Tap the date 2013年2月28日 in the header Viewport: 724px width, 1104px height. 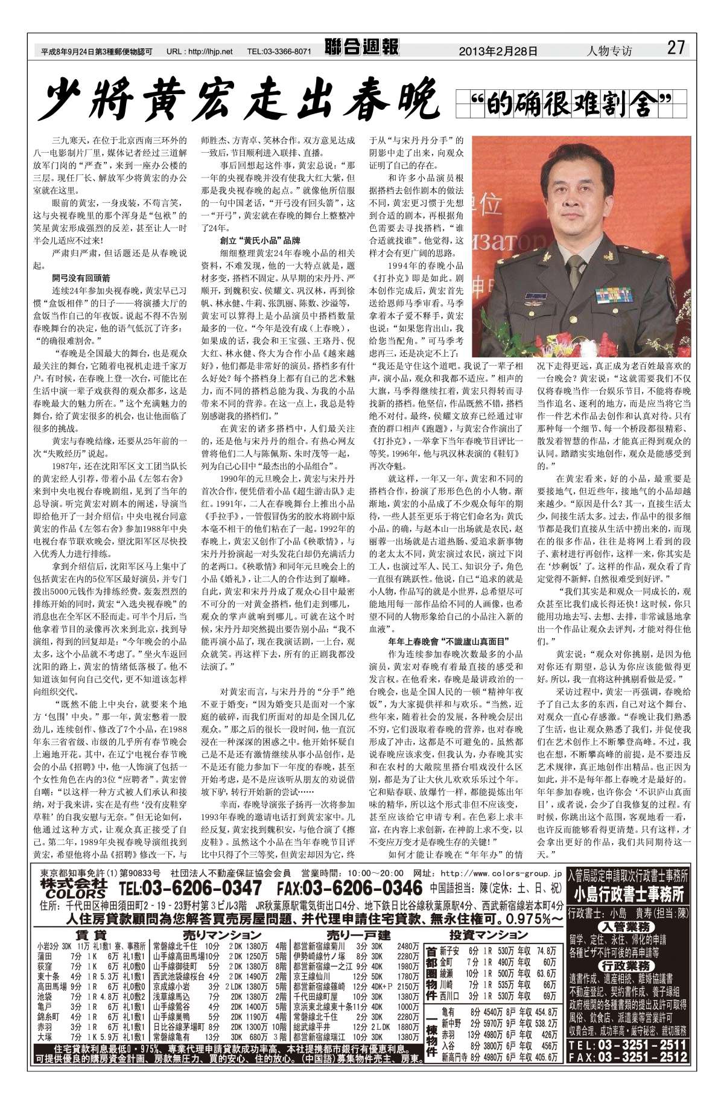tap(498, 51)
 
